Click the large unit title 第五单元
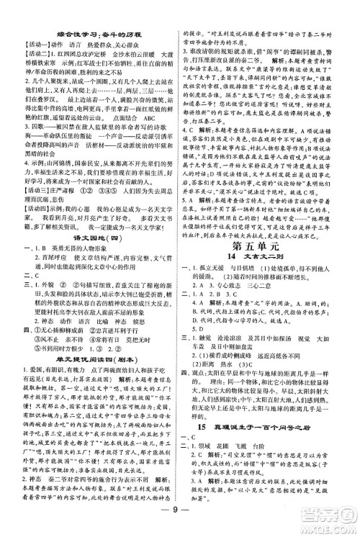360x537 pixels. (267, 267)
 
